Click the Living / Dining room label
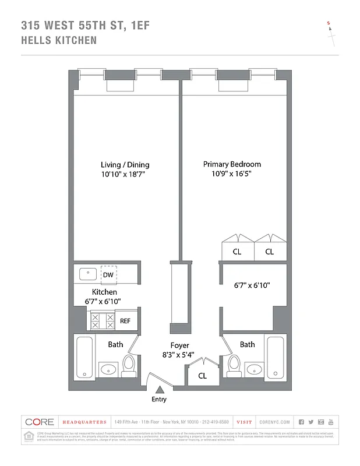pyautogui.click(x=122, y=164)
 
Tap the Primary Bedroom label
pyautogui.click(x=231, y=164)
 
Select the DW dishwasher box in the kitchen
pyautogui.click(x=108, y=275)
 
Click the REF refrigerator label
pyautogui.click(x=125, y=321)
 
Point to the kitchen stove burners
pyautogui.click(x=103, y=321)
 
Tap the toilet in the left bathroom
pyautogui.click(x=129, y=365)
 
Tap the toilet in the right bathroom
pyautogui.click(x=235, y=365)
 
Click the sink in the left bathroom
pyautogui.click(x=108, y=369)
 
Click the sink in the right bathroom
pyautogui.click(x=254, y=369)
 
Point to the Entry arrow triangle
pyautogui.click(x=158, y=389)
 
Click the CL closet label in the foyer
pyautogui.click(x=202, y=376)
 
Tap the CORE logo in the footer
pyautogui.click(x=39, y=422)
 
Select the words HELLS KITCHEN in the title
pyautogui.click(x=59, y=41)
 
